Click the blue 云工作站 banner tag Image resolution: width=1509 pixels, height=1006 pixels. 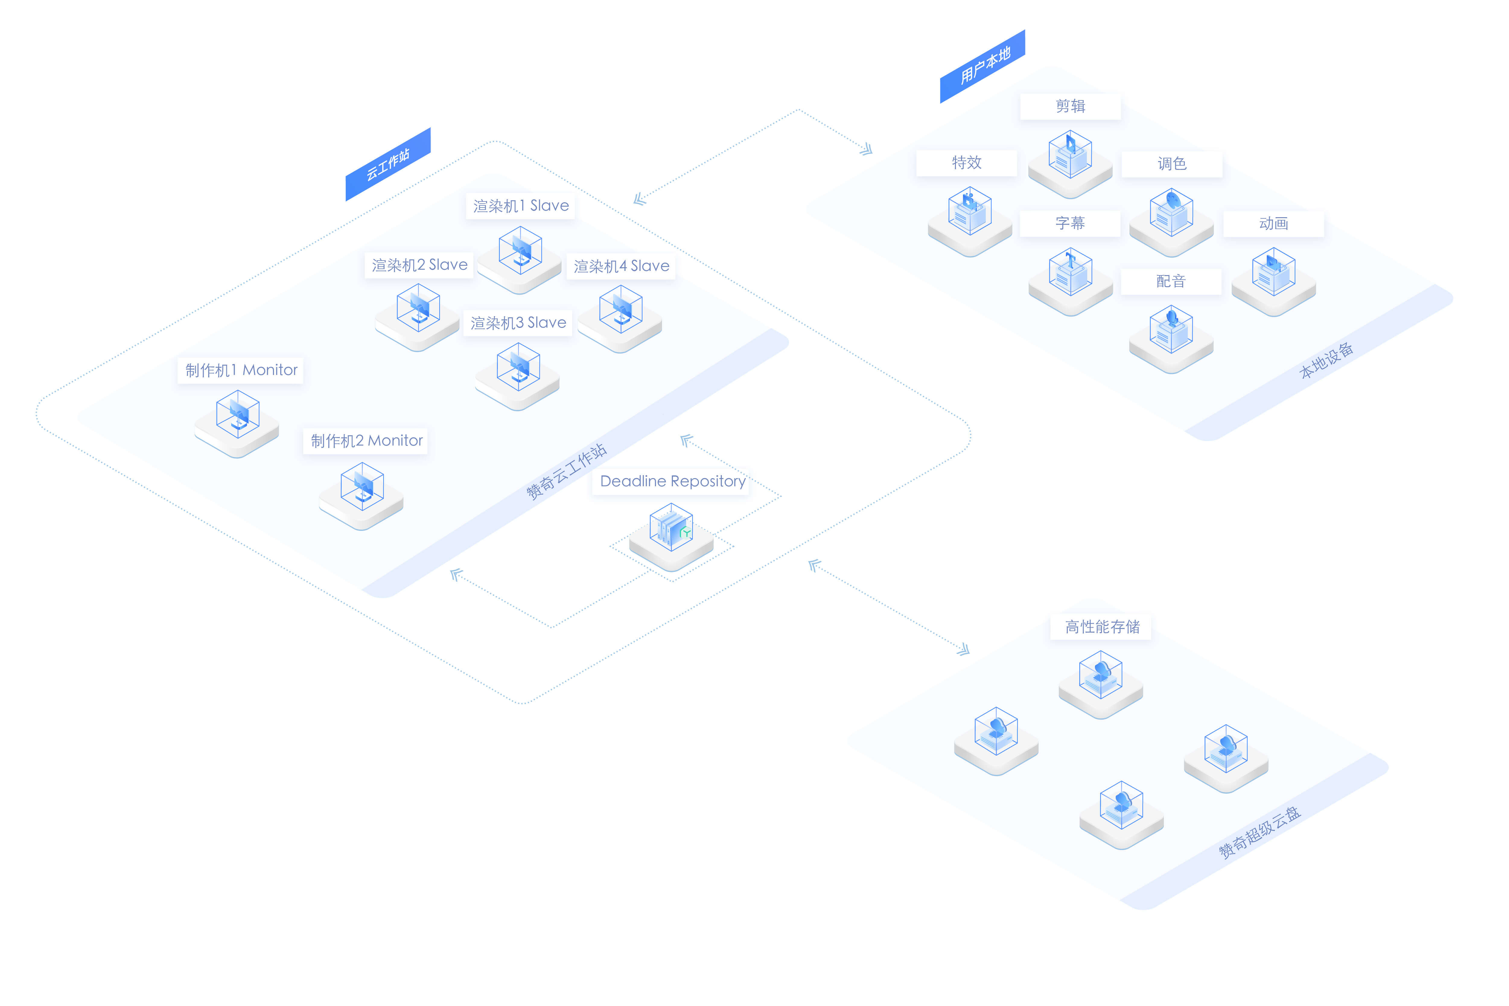pos(387,164)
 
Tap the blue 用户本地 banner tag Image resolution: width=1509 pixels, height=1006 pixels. pos(982,66)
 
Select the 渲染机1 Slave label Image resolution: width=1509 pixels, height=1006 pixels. pos(520,206)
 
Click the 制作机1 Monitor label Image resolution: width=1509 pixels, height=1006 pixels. pos(240,370)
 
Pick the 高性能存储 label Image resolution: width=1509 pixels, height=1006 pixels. pos(1102,627)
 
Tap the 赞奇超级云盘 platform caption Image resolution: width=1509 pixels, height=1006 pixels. pos(1259,832)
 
